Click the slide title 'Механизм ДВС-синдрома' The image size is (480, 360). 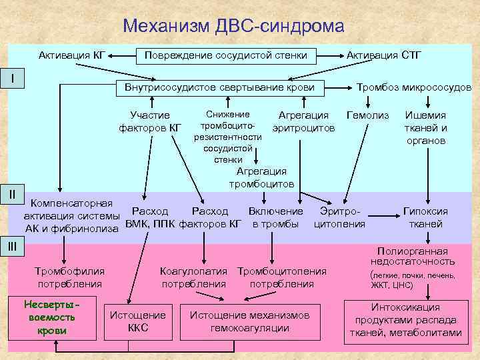pyautogui.click(x=234, y=27)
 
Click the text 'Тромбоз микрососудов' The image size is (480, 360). pyautogui.click(x=414, y=88)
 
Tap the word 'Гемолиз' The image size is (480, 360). pyautogui.click(x=367, y=115)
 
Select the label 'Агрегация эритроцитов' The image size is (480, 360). pyautogui.click(x=303, y=121)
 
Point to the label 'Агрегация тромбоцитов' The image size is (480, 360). pyautogui.click(x=261, y=177)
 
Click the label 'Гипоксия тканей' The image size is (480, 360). pyautogui.click(x=425, y=217)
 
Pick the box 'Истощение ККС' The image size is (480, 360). pyautogui.click(x=137, y=321)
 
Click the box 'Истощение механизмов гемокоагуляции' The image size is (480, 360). pyautogui.click(x=249, y=321)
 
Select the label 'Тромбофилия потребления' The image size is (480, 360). pyautogui.click(x=70, y=277)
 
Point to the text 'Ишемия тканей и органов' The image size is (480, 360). pyautogui.click(x=425, y=127)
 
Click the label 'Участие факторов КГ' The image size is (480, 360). pyautogui.click(x=150, y=121)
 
